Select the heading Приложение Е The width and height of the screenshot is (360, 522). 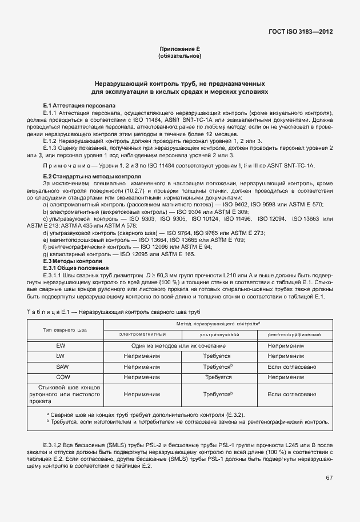tap(179, 50)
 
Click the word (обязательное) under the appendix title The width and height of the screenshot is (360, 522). tap(179, 57)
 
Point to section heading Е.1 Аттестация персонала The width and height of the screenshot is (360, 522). tap(79, 106)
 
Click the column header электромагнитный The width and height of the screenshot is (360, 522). tap(142, 334)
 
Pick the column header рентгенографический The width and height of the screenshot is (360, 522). tap(295, 334)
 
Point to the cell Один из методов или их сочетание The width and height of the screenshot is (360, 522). tap(179, 346)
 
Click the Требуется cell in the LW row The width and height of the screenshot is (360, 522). tap(218, 356)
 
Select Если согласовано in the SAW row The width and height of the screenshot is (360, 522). tap(295, 366)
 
